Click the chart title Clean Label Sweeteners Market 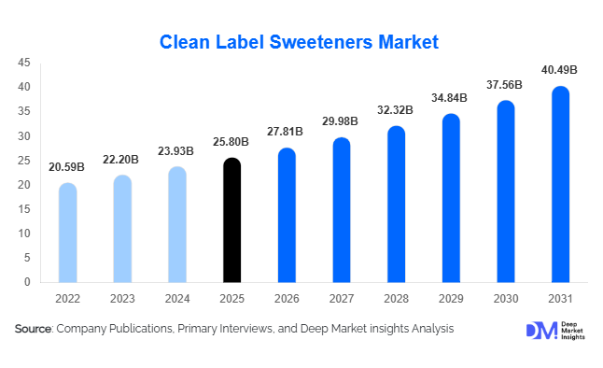(x=299, y=42)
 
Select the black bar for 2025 (x=231, y=220)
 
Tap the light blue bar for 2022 (x=67, y=233)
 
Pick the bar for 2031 (x=560, y=184)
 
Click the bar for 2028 (x=396, y=205)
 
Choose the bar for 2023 (x=122, y=229)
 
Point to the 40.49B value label (x=560, y=70)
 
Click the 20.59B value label (x=67, y=167)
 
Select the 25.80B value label (x=231, y=142)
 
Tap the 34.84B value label (x=451, y=98)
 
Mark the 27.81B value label (x=287, y=133)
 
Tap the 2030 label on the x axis (x=505, y=299)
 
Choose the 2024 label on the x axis (x=176, y=299)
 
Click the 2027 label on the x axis (x=341, y=299)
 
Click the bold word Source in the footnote (x=33, y=329)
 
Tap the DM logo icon (x=540, y=330)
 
